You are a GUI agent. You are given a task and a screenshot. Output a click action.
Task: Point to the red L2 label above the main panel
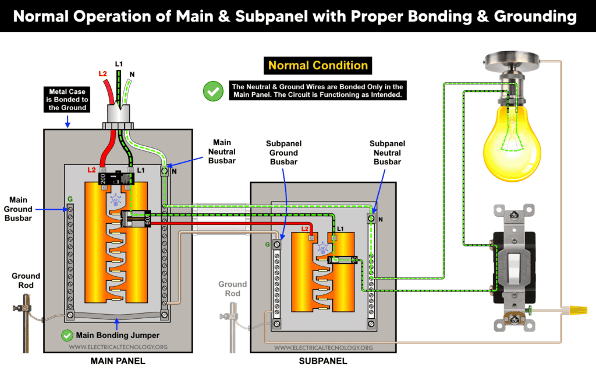click(102, 75)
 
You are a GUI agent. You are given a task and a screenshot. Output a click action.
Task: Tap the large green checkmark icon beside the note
click(212, 91)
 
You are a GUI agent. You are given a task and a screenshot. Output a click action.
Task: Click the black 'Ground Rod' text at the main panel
click(26, 280)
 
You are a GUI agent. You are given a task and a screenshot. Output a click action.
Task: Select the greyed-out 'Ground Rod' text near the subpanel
click(232, 288)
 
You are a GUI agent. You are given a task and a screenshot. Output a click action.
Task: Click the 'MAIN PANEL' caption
click(118, 361)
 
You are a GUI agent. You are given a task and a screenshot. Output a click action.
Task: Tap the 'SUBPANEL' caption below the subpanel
click(322, 361)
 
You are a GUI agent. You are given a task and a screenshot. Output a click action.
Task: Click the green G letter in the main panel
click(70, 199)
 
